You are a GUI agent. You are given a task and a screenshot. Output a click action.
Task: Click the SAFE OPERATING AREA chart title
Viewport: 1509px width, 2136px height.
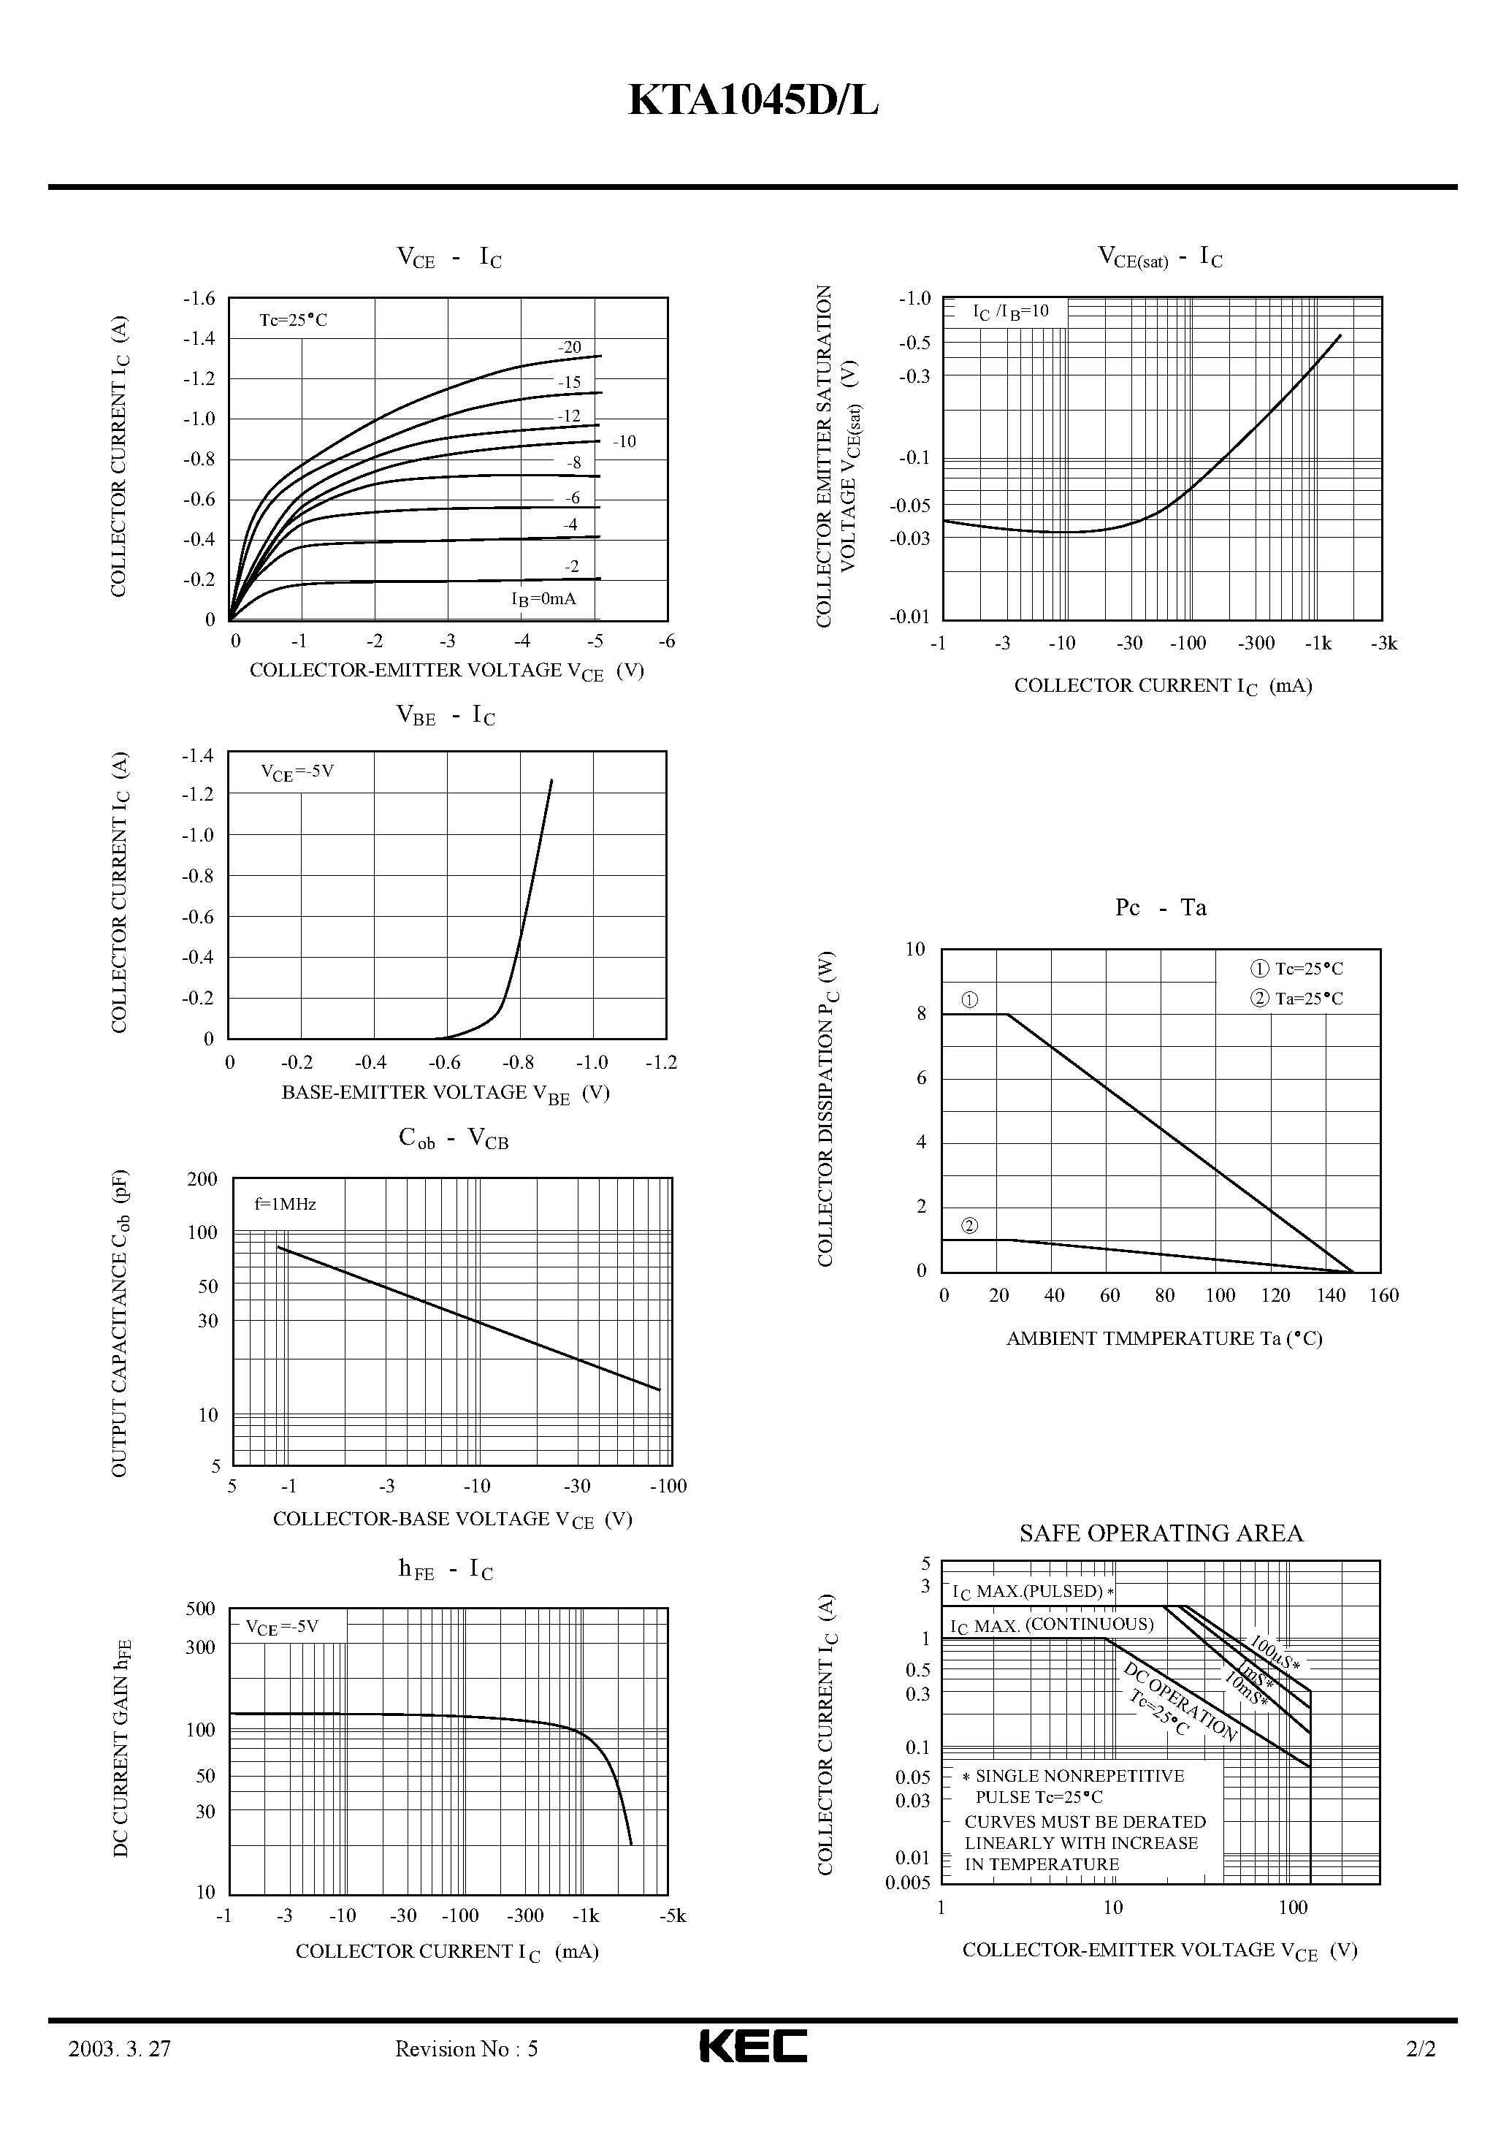click(x=1161, y=1534)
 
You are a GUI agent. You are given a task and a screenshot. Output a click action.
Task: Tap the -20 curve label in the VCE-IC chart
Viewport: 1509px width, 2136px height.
click(x=570, y=348)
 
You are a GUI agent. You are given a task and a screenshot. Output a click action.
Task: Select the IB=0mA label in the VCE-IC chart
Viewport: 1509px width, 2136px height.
click(x=543, y=599)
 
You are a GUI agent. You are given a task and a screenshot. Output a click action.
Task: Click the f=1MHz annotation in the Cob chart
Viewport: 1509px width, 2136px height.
click(x=286, y=1204)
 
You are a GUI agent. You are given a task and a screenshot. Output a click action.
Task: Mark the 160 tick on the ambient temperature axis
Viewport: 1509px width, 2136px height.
click(x=1384, y=1296)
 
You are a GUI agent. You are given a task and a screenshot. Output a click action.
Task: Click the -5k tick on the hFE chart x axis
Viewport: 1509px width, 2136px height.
click(x=672, y=1915)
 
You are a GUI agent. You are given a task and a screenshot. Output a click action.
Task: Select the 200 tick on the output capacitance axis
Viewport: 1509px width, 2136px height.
click(x=202, y=1180)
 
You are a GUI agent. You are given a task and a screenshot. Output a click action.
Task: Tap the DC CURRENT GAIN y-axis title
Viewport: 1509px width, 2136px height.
click(x=122, y=1749)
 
